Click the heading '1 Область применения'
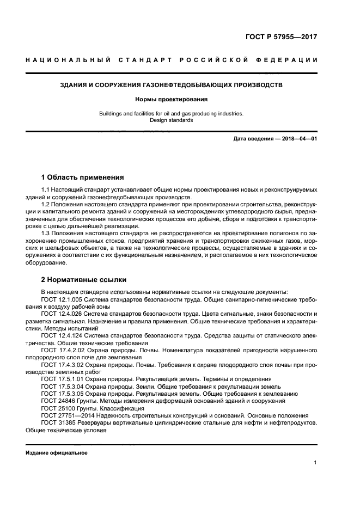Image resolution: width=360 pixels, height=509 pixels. click(x=83, y=177)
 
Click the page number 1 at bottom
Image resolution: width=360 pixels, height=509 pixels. click(x=315, y=463)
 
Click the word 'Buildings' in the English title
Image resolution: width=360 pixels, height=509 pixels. click(x=111, y=113)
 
